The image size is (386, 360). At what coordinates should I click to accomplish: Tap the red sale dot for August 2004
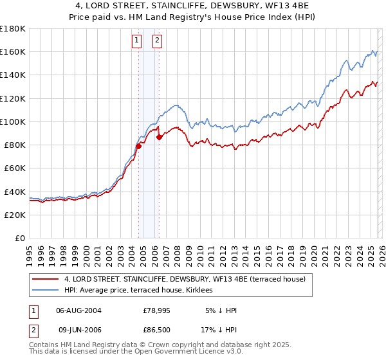point(138,147)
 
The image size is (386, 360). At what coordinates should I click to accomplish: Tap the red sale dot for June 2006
point(159,137)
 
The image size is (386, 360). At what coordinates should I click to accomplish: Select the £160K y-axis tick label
point(13,51)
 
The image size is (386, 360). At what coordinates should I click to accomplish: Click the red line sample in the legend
point(46,279)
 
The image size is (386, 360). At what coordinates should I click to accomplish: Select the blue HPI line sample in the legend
point(46,291)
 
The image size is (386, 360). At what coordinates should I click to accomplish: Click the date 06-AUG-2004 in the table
point(78,310)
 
